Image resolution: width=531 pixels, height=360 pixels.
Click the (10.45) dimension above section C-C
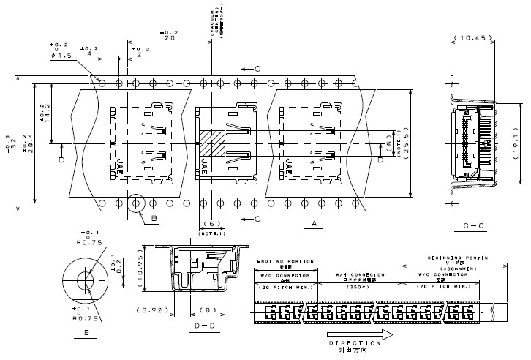click(471, 37)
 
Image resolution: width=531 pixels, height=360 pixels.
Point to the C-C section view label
click(471, 225)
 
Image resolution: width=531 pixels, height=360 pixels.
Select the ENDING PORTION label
click(286, 262)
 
